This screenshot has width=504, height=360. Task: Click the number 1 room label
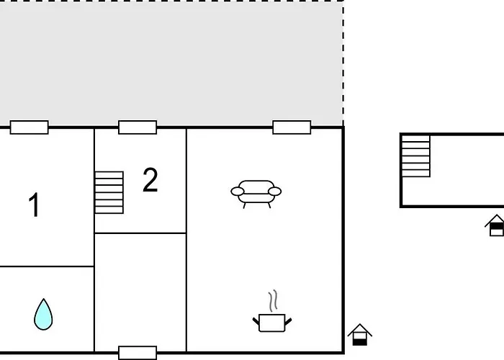[x=34, y=205]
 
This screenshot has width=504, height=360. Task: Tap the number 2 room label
[x=150, y=180]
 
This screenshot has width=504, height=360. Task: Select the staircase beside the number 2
[x=109, y=192]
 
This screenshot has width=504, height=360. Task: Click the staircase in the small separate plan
[x=416, y=156]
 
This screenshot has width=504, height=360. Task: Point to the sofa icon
[x=256, y=192]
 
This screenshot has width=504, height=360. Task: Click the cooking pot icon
[x=272, y=321]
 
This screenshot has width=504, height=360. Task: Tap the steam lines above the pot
[x=273, y=300]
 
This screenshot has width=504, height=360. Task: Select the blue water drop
[x=43, y=314]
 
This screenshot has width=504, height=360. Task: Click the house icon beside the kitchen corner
[x=359, y=335]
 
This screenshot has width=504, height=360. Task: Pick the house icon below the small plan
[x=495, y=225]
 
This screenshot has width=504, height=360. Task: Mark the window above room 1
[x=30, y=127]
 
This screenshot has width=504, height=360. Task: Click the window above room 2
[x=138, y=127]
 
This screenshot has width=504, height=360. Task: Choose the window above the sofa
[x=292, y=127]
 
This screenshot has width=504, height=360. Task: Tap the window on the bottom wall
[x=138, y=353]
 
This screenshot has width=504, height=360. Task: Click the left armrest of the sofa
[x=236, y=192]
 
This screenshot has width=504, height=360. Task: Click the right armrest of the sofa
[x=276, y=192]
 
